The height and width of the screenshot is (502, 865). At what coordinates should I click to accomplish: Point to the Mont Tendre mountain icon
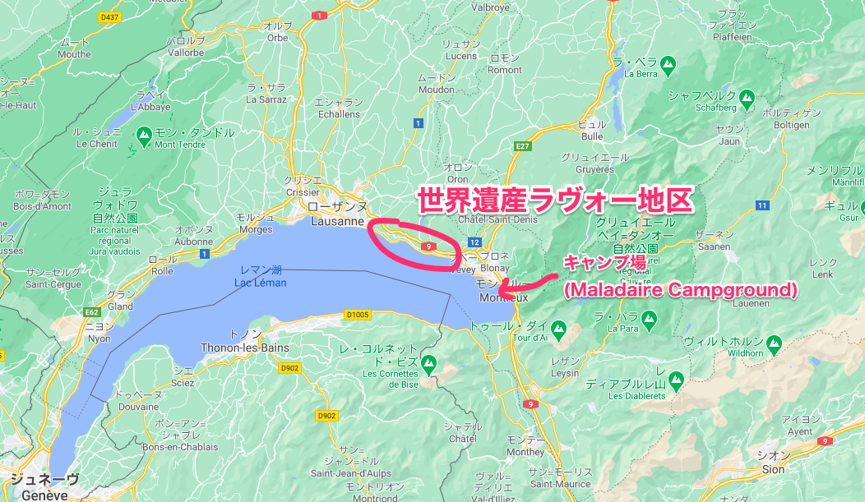145,133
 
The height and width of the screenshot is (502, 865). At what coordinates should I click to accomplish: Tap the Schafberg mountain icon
747,96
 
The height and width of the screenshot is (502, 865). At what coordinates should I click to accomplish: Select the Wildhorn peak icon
773,342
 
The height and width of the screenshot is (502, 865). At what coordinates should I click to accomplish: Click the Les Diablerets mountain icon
676,380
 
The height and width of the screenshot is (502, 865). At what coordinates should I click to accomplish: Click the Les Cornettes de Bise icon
428,362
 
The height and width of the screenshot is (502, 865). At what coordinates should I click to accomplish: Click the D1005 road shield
358,313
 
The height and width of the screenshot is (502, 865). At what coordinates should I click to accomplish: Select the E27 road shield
520,146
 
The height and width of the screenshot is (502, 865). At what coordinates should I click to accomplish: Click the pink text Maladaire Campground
680,290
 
